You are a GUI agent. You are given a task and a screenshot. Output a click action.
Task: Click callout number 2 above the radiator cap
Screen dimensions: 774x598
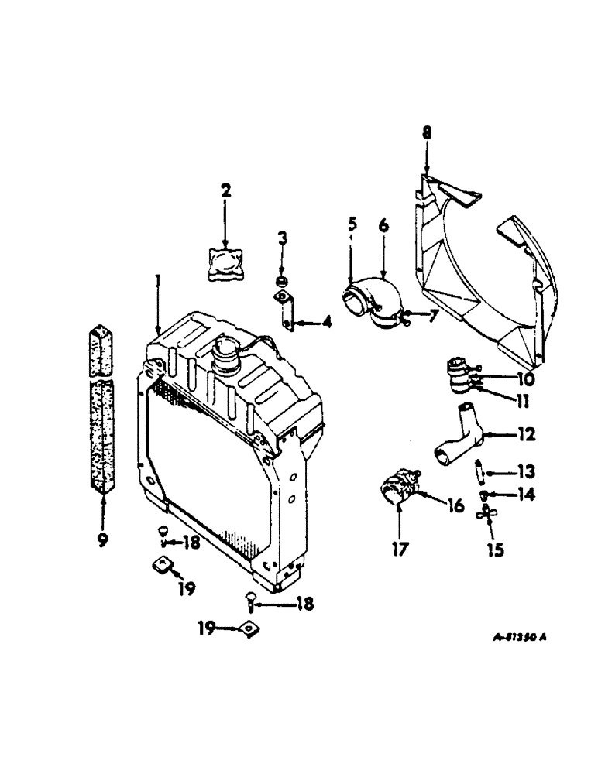click(225, 190)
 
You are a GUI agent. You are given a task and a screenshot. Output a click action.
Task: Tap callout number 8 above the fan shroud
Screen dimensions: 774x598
click(425, 133)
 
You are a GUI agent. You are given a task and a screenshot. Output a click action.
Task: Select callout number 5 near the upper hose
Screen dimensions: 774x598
click(352, 225)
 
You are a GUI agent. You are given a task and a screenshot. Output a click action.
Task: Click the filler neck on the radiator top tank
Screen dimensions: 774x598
click(231, 361)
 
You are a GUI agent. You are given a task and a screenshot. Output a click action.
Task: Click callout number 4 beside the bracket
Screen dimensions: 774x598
click(326, 320)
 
